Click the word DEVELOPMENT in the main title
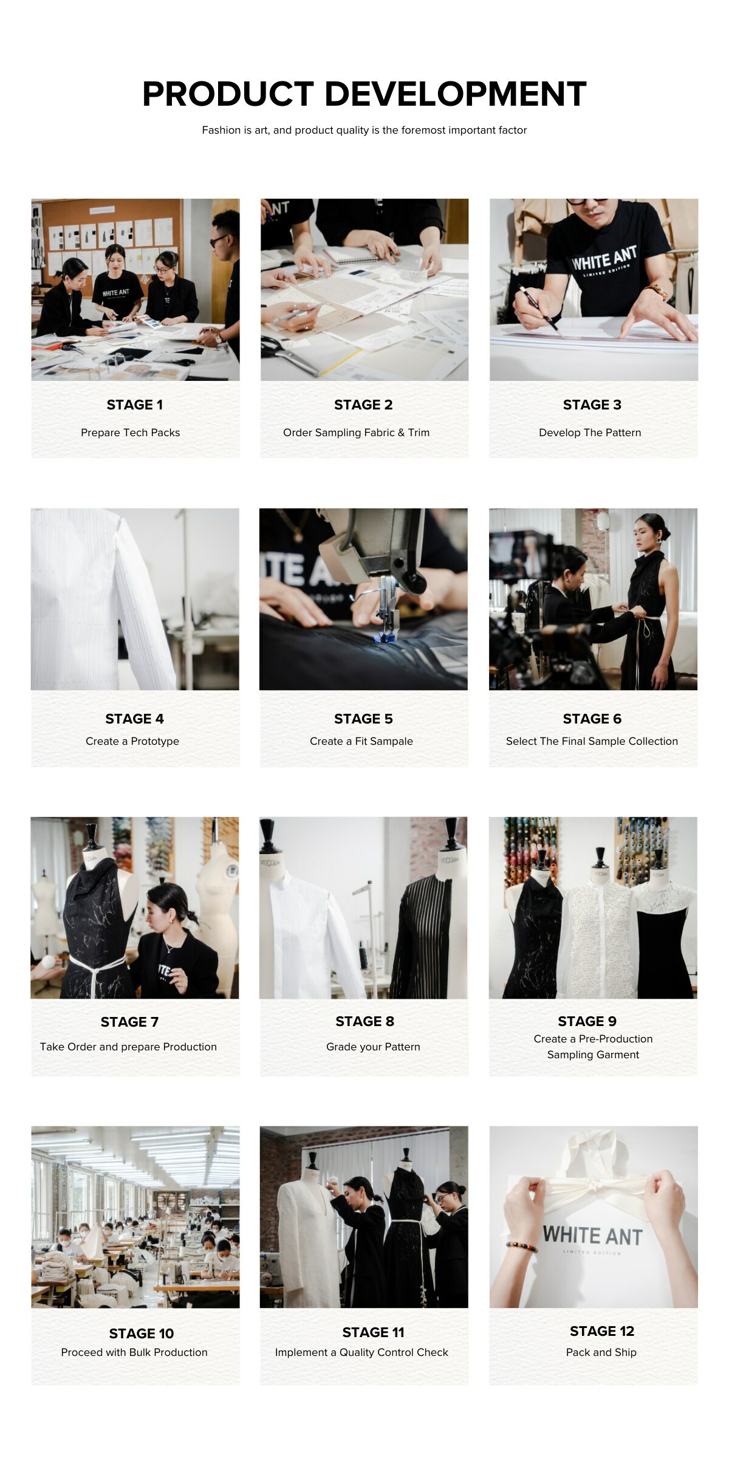point(456,94)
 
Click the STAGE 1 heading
point(135,405)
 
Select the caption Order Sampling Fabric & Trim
point(356,433)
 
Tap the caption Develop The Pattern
point(590,433)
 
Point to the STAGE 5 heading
point(363,719)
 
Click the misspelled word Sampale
point(392,741)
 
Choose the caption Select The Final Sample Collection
point(592,741)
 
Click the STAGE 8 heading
point(364,1021)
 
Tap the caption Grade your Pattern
point(373,1047)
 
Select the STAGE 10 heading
point(142,1333)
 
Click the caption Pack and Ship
point(601,1352)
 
